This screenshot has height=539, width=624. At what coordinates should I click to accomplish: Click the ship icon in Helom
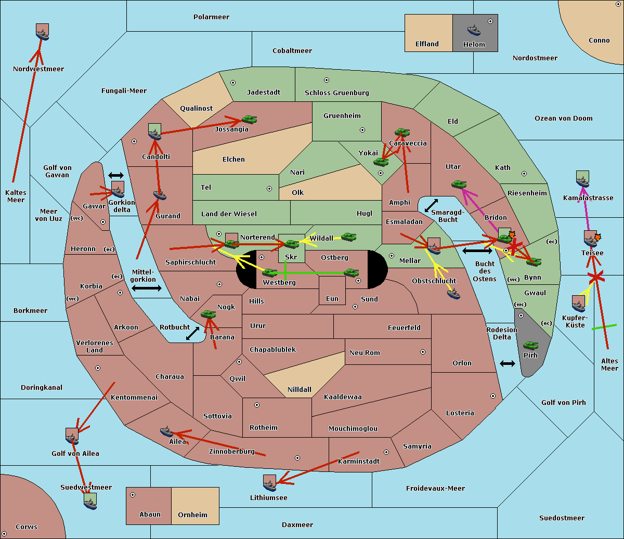pos(474,30)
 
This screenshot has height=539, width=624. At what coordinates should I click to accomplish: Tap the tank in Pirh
pos(530,345)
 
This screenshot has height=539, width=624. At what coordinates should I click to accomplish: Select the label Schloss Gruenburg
pos(336,93)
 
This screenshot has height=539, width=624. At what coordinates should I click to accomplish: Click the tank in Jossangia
pos(250,120)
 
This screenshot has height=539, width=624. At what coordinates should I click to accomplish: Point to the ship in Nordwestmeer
pos(42,34)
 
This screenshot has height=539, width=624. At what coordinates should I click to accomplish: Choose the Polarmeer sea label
pos(211,17)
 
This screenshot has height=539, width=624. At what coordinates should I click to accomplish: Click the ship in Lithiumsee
pos(269,485)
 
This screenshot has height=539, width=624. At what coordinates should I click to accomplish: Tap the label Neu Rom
pos(365,352)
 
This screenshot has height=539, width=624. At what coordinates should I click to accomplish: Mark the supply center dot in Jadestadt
pos(233,83)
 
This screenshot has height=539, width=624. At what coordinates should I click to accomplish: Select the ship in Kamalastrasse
pos(582,182)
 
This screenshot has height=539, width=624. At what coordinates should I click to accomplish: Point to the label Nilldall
pos(299,389)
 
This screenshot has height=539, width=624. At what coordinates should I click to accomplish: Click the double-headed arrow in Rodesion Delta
pos(508,364)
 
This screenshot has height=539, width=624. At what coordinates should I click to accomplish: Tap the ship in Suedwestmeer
pos(90,504)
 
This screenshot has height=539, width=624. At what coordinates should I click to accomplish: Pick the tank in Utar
pos(459,184)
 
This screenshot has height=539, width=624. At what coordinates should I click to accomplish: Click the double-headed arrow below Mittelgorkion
pos(147,288)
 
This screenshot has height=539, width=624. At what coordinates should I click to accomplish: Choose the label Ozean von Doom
pos(563,119)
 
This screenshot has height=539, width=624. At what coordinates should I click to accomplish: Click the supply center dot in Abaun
pos(132,495)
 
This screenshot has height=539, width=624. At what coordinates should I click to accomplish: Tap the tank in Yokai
pos(381,162)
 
